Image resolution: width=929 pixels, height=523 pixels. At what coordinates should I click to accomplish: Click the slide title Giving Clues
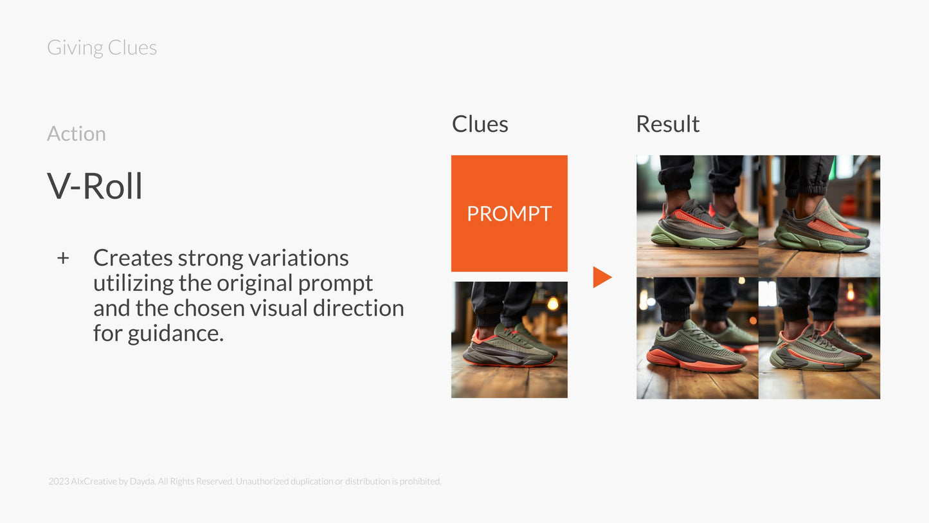click(x=102, y=48)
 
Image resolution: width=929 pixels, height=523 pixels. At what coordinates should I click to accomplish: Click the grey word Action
click(x=77, y=134)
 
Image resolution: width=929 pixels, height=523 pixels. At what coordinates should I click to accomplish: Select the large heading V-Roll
click(x=95, y=186)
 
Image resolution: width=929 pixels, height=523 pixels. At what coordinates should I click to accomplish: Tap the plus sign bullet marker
click(x=63, y=258)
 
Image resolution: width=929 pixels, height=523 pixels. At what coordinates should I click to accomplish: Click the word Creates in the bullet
click(x=132, y=258)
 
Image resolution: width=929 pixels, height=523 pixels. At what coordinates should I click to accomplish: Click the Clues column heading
click(x=480, y=124)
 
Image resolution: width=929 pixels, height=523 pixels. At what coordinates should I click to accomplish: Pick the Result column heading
click(x=668, y=124)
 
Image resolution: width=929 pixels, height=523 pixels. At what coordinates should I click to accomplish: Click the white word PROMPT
click(x=509, y=214)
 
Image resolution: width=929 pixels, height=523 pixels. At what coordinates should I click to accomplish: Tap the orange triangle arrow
click(x=602, y=277)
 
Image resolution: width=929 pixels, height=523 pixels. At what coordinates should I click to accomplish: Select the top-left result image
click(x=698, y=216)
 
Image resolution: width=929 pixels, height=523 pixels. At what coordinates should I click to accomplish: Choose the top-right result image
click(x=820, y=216)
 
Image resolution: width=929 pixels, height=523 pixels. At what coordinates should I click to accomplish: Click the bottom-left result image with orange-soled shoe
click(x=698, y=338)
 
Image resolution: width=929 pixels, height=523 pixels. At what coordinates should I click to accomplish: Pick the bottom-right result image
click(x=820, y=338)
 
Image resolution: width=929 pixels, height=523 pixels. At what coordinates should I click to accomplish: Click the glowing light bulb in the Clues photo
click(x=553, y=304)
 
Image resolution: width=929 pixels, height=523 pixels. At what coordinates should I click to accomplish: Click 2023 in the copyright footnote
click(x=59, y=481)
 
